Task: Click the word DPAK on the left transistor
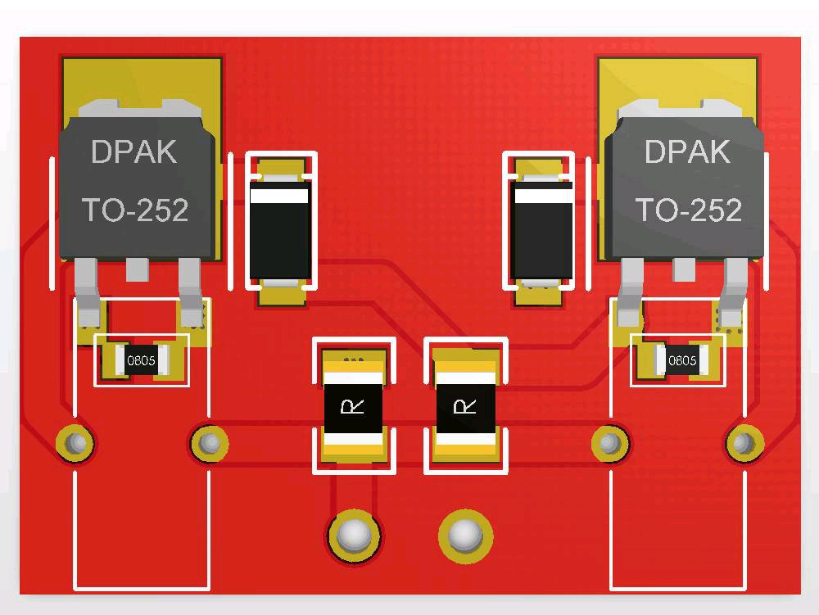(x=134, y=151)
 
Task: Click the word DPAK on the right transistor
(x=687, y=151)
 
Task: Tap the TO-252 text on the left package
(x=135, y=210)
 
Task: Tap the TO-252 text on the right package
(x=689, y=210)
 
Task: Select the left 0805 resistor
(x=142, y=360)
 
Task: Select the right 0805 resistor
(x=682, y=360)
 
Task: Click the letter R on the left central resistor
(x=352, y=405)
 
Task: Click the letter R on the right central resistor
(x=464, y=405)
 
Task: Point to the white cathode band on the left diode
(x=279, y=196)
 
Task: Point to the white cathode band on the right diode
(x=544, y=196)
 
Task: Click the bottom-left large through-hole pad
(x=354, y=536)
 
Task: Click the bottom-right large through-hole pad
(x=465, y=536)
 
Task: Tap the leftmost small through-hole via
(x=75, y=443)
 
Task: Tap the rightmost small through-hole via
(x=744, y=443)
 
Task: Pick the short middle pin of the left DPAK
(x=138, y=269)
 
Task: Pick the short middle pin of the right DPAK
(x=684, y=269)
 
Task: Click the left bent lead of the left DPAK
(x=87, y=292)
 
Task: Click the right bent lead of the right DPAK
(x=734, y=292)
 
